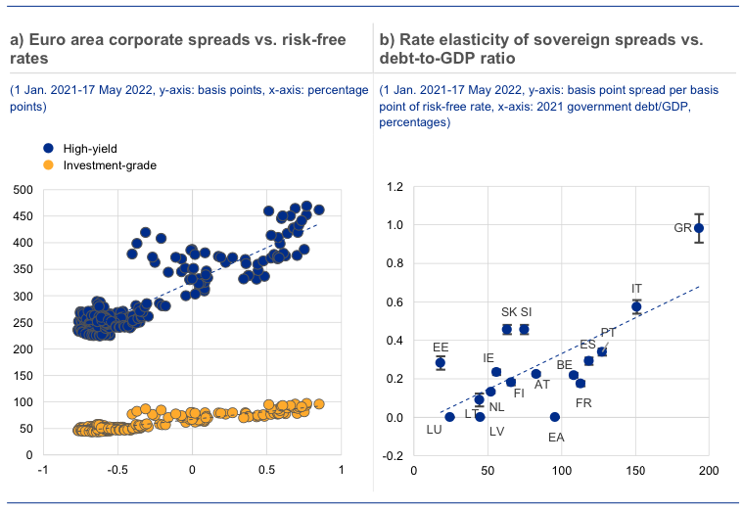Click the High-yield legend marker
49,148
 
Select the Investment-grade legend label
110,164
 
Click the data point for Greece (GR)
699,228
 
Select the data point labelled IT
636,306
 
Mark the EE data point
441,363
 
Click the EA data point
555,417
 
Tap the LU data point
449,417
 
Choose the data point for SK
507,329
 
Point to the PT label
608,333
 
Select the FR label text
583,402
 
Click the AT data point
535,374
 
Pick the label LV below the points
497,431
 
